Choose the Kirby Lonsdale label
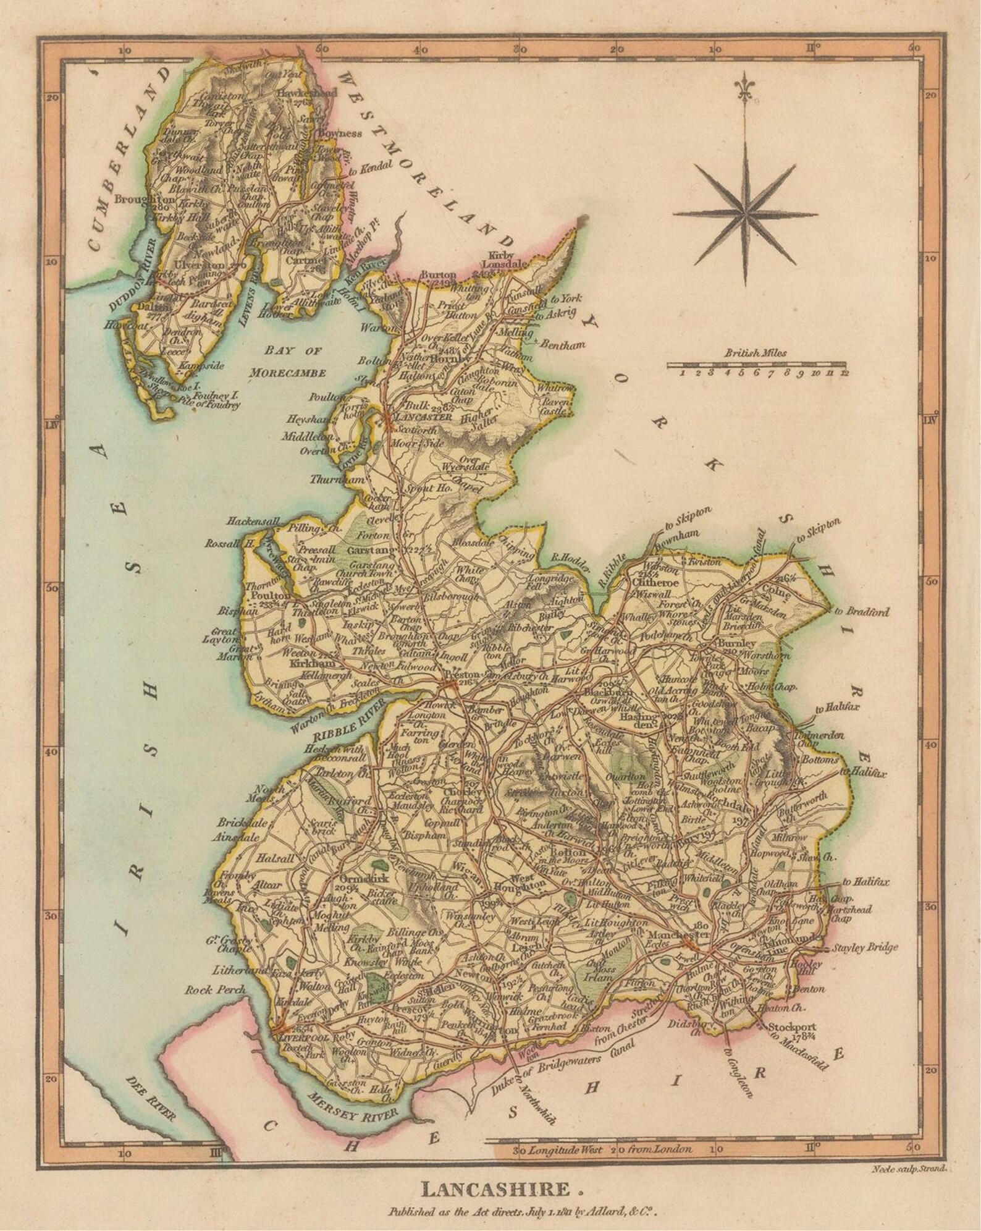[x=502, y=260]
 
